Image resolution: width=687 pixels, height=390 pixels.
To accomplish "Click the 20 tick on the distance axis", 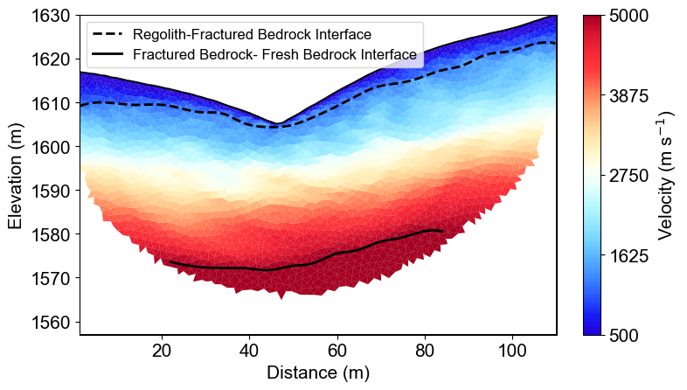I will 162,352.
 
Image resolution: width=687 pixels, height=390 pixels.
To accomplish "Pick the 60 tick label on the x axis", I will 337,352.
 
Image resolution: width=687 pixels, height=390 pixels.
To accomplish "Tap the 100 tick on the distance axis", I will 512,352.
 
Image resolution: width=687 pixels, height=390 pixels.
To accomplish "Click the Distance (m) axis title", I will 318,373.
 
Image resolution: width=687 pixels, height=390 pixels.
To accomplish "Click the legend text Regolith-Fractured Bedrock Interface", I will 253,35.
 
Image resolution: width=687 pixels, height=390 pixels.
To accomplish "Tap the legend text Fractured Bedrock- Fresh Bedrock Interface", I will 274,54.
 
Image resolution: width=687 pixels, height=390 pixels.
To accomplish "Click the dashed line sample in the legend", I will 108,35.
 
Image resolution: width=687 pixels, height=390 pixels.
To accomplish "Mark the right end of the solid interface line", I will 443,232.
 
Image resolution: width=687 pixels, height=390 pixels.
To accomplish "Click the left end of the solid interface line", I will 169,261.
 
